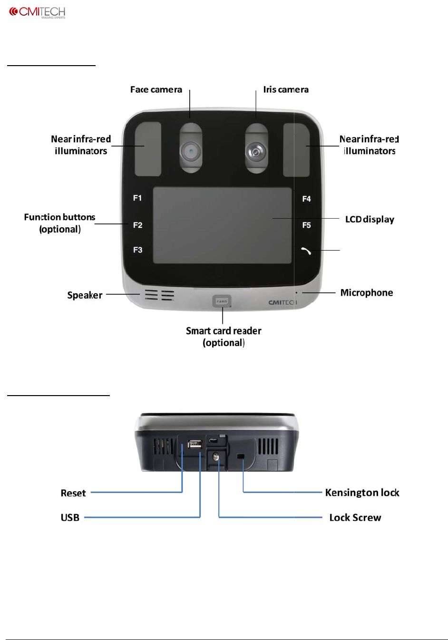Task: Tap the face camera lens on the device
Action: tap(190, 152)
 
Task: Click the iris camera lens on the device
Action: tap(256, 152)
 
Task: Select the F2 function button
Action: tap(137, 225)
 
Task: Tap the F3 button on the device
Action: tap(137, 250)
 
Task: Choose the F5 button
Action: tap(307, 225)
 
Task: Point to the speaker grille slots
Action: tap(159, 296)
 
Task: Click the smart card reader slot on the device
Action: tap(222, 301)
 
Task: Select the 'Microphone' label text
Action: tap(366, 293)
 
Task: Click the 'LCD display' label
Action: tap(370, 219)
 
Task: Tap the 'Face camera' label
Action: tap(156, 89)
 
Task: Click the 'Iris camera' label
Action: tap(286, 89)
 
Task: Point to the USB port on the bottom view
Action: tap(195, 444)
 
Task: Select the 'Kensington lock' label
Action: tap(362, 493)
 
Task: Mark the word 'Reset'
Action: tap(73, 493)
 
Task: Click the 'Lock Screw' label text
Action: tap(355, 517)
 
